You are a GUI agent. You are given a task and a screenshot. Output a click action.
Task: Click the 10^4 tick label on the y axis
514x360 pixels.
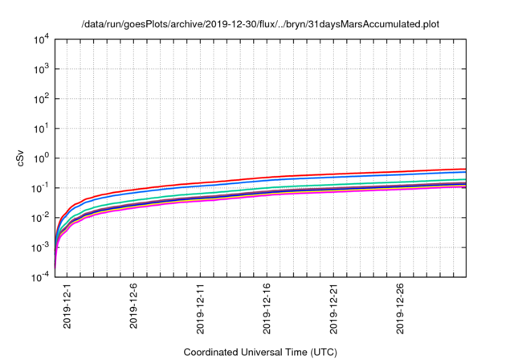pos(43,39)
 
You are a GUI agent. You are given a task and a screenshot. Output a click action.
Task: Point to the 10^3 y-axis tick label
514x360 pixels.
pos(43,68)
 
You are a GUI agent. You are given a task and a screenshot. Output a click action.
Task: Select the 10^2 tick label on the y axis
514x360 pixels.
pos(43,98)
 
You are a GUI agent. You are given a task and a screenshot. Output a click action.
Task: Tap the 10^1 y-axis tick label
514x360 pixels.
pos(43,128)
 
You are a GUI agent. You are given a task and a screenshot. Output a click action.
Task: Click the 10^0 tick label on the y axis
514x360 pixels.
pos(43,157)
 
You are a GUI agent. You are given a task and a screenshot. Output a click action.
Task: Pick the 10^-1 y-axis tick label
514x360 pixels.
pos(41,187)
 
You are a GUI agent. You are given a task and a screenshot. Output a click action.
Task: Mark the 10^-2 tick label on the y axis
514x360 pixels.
pos(41,217)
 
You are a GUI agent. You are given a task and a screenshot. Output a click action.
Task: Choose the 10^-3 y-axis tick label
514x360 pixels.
pos(41,247)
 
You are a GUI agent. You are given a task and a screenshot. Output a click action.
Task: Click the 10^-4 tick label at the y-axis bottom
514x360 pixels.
pos(41,276)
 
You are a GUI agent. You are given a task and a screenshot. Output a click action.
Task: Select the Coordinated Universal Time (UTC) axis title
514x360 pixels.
pos(259,352)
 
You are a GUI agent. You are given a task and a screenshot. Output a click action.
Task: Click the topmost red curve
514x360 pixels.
pos(321,174)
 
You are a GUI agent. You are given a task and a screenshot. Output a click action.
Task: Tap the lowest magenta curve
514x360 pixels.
pos(321,194)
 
